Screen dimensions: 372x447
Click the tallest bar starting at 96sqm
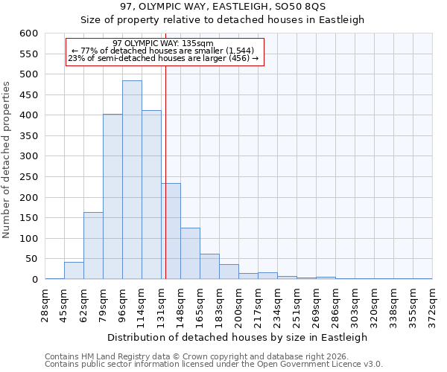tap(132, 180)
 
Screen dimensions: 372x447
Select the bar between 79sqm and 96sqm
tap(112, 196)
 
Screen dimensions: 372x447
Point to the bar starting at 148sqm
tap(190, 253)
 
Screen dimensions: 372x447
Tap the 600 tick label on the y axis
tap(28, 33)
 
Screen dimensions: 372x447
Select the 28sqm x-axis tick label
tap(45, 301)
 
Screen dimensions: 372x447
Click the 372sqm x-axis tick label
tap(432, 301)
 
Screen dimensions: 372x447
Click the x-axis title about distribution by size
tap(238, 337)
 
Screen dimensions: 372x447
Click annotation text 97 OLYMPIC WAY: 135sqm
tap(163, 43)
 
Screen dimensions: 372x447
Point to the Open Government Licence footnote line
tap(214, 365)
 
